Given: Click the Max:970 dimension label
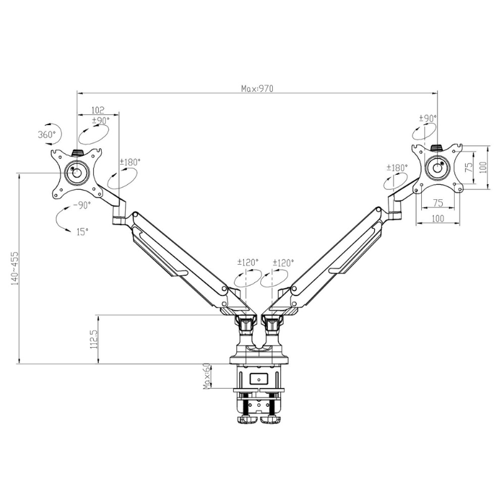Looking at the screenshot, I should [x=257, y=89].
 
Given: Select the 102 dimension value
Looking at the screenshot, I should [x=97, y=109].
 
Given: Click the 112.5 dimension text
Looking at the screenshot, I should [x=93, y=339].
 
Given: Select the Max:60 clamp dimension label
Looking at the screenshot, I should [x=206, y=377].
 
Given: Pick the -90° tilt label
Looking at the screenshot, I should [x=81, y=205].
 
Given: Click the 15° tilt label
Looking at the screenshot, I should [x=82, y=231].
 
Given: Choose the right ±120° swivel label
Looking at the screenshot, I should [x=283, y=263].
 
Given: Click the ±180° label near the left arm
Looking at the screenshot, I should [x=130, y=162].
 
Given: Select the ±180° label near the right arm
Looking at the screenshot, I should [x=397, y=167].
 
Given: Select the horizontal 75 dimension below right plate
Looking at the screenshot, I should [x=438, y=203].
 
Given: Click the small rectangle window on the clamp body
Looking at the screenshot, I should [x=259, y=379].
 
